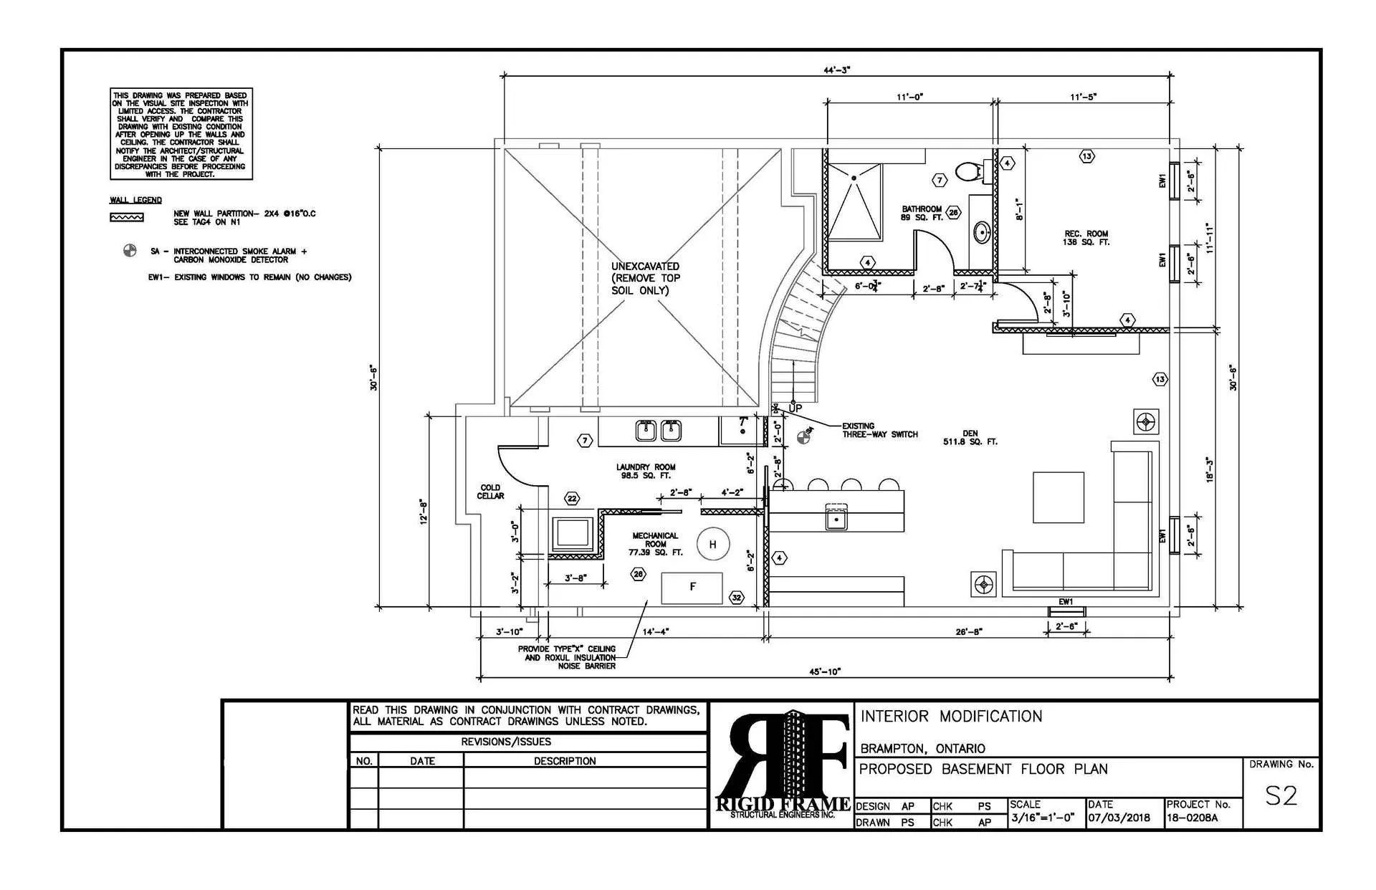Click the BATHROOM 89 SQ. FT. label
pyautogui.click(x=922, y=213)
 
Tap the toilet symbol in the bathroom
pyautogui.click(x=968, y=171)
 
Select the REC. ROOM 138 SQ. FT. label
pyautogui.click(x=1086, y=238)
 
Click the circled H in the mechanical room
pyautogui.click(x=712, y=545)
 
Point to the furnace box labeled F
pyautogui.click(x=692, y=588)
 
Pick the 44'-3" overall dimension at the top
pyautogui.click(x=836, y=70)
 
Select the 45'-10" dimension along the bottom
pyautogui.click(x=824, y=671)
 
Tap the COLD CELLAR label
pyautogui.click(x=490, y=492)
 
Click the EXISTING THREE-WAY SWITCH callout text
pyautogui.click(x=879, y=430)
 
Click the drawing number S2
pyautogui.click(x=1280, y=796)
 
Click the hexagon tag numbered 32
pyautogui.click(x=736, y=598)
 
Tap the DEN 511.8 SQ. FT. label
pyautogui.click(x=970, y=438)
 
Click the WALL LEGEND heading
pyautogui.click(x=135, y=200)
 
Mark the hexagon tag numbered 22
pyautogui.click(x=572, y=498)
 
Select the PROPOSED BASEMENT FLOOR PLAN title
pyautogui.click(x=983, y=770)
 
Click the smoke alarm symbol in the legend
pyautogui.click(x=129, y=251)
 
